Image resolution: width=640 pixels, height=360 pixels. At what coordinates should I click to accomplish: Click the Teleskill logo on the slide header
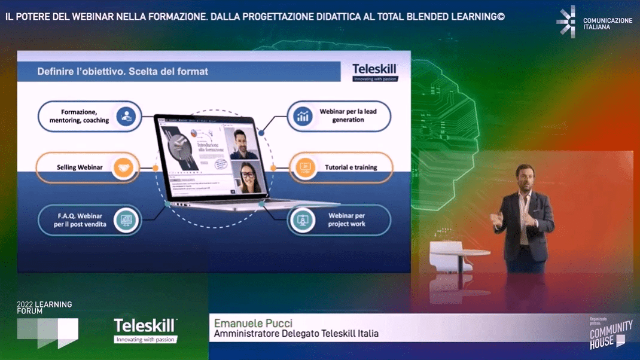coord(374,71)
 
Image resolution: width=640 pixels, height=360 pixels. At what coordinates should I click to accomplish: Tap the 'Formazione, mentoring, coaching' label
coord(79,116)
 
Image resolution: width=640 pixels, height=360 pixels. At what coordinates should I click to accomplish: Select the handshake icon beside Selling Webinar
coord(124,167)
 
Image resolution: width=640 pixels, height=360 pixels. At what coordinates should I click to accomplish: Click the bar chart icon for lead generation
coord(303,116)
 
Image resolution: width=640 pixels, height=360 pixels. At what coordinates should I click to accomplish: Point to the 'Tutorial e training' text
coord(351,167)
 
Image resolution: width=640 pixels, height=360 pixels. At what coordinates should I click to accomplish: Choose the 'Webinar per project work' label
coord(346,219)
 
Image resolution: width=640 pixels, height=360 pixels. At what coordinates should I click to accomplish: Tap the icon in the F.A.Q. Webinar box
coord(126,220)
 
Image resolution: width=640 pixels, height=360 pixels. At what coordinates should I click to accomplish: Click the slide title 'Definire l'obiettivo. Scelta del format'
coord(123,71)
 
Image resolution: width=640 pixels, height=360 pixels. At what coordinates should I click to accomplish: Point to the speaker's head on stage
coord(525,176)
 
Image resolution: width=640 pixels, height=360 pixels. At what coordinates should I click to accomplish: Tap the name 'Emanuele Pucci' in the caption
coord(253,324)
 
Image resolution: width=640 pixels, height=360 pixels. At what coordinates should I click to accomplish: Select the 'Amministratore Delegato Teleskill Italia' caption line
coord(296,334)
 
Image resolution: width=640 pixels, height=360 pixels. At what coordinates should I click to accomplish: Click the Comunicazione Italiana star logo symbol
coord(566,22)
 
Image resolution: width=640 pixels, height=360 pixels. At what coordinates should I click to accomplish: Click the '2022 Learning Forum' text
coord(44,307)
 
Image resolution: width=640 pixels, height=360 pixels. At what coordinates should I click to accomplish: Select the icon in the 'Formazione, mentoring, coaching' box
coord(126,116)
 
